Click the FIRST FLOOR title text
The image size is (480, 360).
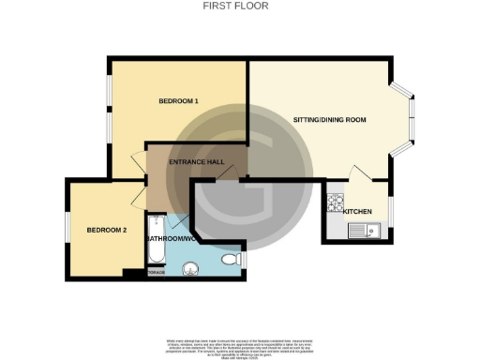(x=236, y=6)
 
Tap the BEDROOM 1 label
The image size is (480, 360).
(x=177, y=100)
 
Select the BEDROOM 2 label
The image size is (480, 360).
(x=106, y=230)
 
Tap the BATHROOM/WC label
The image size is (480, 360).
(x=170, y=239)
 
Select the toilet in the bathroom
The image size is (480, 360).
(x=233, y=259)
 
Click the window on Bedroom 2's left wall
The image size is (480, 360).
(x=67, y=227)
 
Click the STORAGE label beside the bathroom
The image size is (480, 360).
(x=156, y=275)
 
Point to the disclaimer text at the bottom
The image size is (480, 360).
(x=239, y=344)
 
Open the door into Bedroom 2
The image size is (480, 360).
(x=138, y=195)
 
